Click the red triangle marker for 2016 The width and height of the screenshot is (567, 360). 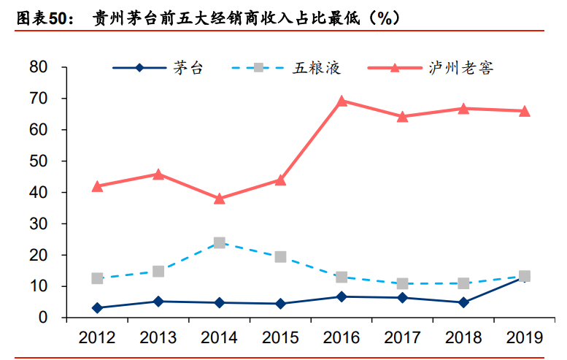(341, 101)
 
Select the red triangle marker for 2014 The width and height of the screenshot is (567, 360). (219, 198)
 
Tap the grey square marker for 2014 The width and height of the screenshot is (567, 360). (219, 242)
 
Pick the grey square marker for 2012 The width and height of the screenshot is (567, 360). (97, 278)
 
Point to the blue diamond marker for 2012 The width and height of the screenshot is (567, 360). (97, 308)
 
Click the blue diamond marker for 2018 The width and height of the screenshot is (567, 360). (463, 302)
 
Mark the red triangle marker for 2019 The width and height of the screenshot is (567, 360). (524, 111)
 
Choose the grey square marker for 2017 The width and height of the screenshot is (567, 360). (402, 283)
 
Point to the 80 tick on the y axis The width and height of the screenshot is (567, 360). (39, 67)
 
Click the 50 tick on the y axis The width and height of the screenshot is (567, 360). (39, 161)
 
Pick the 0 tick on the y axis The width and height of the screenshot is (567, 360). (43, 318)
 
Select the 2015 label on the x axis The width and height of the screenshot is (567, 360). (279, 337)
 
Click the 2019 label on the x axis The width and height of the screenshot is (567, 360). (524, 337)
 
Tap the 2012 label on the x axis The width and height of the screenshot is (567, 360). (97, 337)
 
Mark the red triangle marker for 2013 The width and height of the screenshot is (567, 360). (158, 174)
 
